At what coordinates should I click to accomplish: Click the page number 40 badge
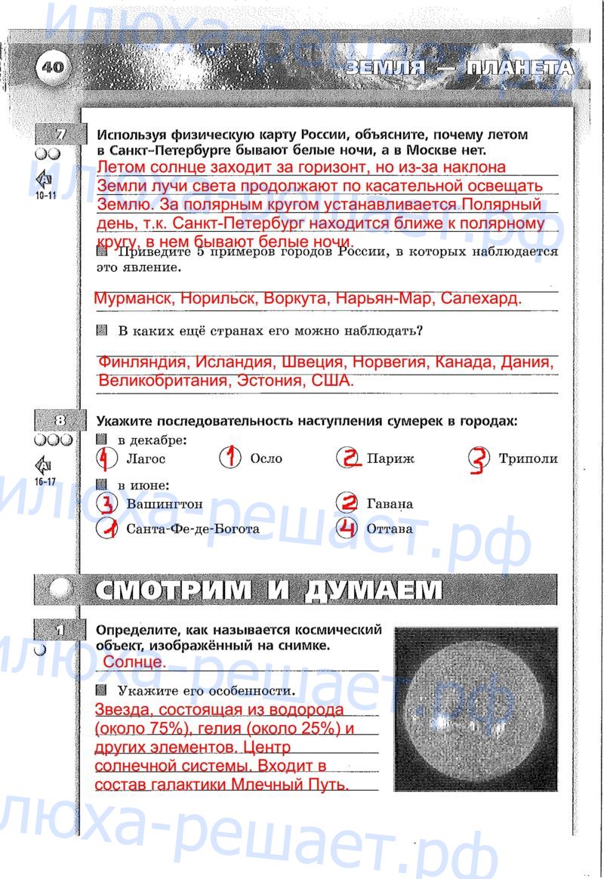pyautogui.click(x=53, y=67)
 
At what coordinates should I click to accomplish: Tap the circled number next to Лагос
pyautogui.click(x=107, y=458)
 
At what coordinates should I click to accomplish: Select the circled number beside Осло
pyautogui.click(x=230, y=458)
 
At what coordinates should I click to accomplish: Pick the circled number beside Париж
pyautogui.click(x=348, y=458)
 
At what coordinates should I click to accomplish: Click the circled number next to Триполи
pyautogui.click(x=479, y=458)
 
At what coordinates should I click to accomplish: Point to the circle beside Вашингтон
pyautogui.click(x=108, y=503)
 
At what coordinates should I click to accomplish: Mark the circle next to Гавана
pyautogui.click(x=347, y=503)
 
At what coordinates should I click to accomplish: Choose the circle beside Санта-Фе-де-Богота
pyautogui.click(x=108, y=529)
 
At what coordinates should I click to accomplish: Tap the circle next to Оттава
pyautogui.click(x=347, y=528)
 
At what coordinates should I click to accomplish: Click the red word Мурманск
pyautogui.click(x=133, y=298)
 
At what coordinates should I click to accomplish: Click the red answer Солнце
pyautogui.click(x=134, y=662)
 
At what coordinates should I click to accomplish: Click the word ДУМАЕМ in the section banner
pyautogui.click(x=373, y=590)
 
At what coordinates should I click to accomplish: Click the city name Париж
pyautogui.click(x=390, y=458)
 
